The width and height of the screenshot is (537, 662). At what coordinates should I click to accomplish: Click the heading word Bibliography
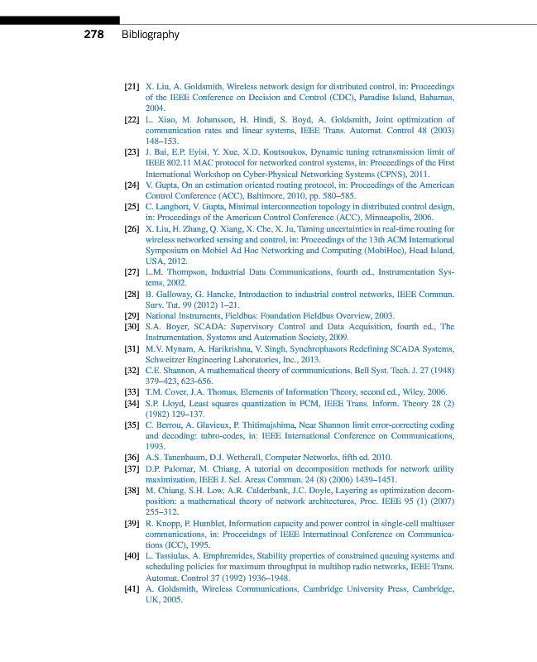(150, 35)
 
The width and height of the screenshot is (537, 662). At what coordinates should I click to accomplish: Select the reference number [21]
(132, 86)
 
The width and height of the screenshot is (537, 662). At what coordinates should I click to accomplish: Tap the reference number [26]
(132, 228)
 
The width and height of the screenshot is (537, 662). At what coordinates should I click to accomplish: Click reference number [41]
(132, 588)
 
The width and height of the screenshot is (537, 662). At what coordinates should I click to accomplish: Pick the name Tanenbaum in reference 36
(183, 458)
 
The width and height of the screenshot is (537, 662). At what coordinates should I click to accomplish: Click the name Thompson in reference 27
(183, 271)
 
